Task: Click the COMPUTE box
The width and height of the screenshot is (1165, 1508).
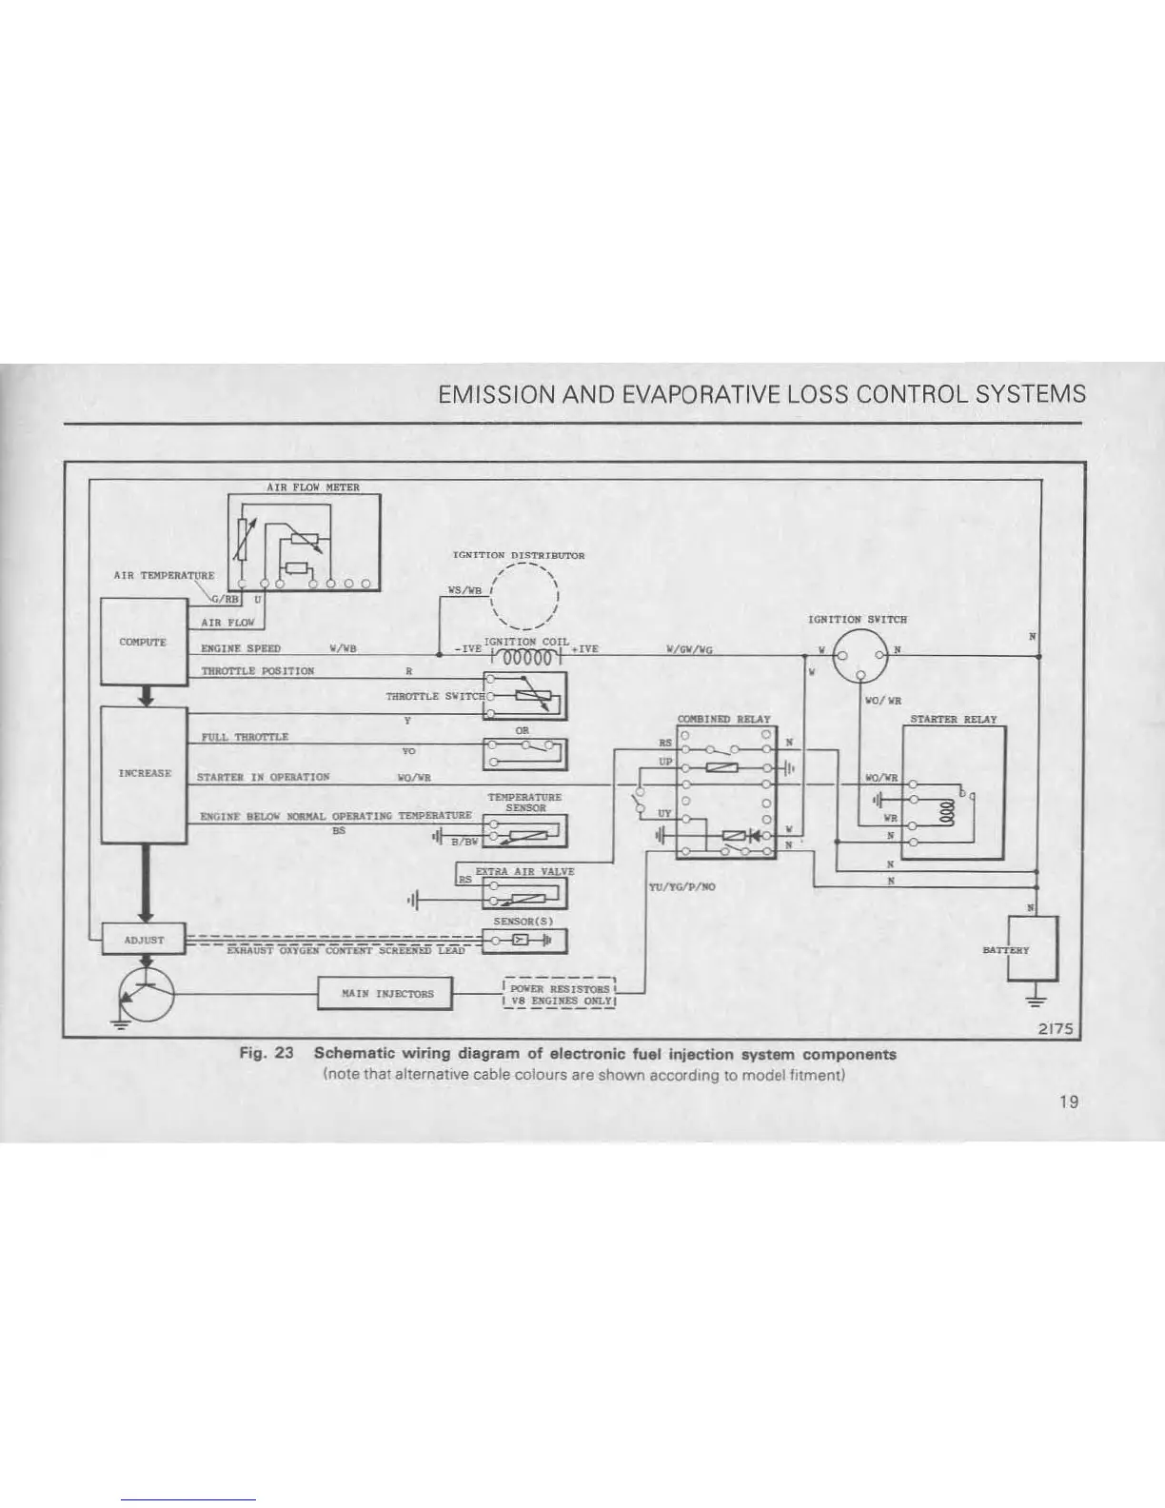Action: pos(144,642)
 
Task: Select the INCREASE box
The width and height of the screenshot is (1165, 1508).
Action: pos(144,773)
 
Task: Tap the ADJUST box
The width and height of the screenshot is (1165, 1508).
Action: pos(144,940)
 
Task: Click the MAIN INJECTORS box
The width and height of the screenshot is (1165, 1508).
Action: pos(385,993)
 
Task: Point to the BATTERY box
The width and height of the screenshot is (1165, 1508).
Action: pos(1033,948)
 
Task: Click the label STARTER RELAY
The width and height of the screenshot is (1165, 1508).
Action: pos(954,719)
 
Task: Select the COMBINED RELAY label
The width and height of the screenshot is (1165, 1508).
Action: pos(723,719)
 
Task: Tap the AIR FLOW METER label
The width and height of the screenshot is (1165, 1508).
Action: pos(312,487)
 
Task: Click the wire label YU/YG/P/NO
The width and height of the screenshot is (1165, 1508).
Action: pos(681,886)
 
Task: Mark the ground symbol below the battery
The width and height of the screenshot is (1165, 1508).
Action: pos(1033,999)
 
